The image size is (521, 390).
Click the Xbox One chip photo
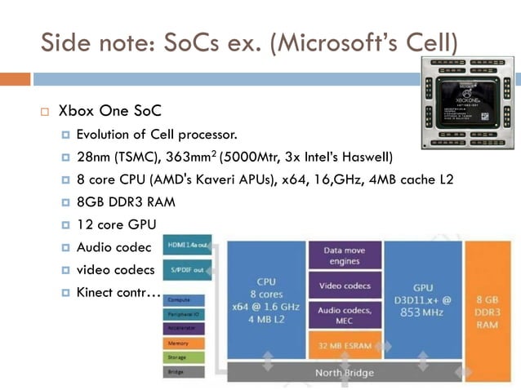(470, 103)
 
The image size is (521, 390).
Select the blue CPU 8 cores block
(266, 299)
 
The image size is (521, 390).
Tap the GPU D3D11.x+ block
(422, 299)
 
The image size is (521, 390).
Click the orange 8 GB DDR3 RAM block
(488, 299)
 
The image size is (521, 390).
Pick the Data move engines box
(344, 255)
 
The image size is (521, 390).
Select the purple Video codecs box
(344, 286)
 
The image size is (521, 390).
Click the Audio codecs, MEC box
(344, 315)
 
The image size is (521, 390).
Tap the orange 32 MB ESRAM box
(344, 346)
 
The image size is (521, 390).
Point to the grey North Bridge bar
(344, 373)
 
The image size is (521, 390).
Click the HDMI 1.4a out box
(188, 245)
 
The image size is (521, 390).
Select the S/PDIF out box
(188, 269)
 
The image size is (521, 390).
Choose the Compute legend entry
(188, 300)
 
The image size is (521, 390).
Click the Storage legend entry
(188, 357)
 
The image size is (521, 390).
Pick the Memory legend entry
(188, 343)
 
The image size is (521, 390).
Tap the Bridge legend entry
(188, 371)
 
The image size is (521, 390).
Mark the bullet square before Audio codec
(66, 247)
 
